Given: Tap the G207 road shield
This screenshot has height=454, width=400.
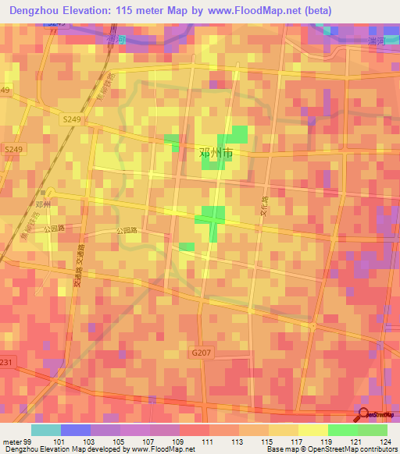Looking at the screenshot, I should [x=200, y=353].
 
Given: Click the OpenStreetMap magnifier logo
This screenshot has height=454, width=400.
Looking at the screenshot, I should [x=363, y=414].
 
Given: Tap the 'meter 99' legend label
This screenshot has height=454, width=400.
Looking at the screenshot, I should [x=16, y=442].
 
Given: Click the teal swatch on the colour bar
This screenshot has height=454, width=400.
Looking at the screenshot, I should [x=46, y=430].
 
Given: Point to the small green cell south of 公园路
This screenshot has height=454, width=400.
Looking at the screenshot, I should [x=187, y=247].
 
